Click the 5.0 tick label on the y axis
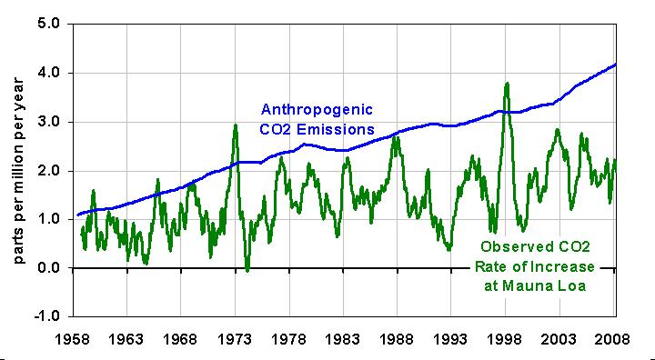(x=50, y=24)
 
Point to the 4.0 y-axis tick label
(x=50, y=73)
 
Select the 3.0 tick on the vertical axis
(x=50, y=122)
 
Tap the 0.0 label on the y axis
(x=50, y=268)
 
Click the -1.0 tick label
(x=48, y=316)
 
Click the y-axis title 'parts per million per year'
(x=18, y=171)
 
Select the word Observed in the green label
(x=513, y=247)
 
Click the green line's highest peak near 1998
(x=507, y=84)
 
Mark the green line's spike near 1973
(x=236, y=125)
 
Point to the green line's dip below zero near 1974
(x=247, y=270)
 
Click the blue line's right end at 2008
(x=616, y=65)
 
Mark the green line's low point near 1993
(x=448, y=249)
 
